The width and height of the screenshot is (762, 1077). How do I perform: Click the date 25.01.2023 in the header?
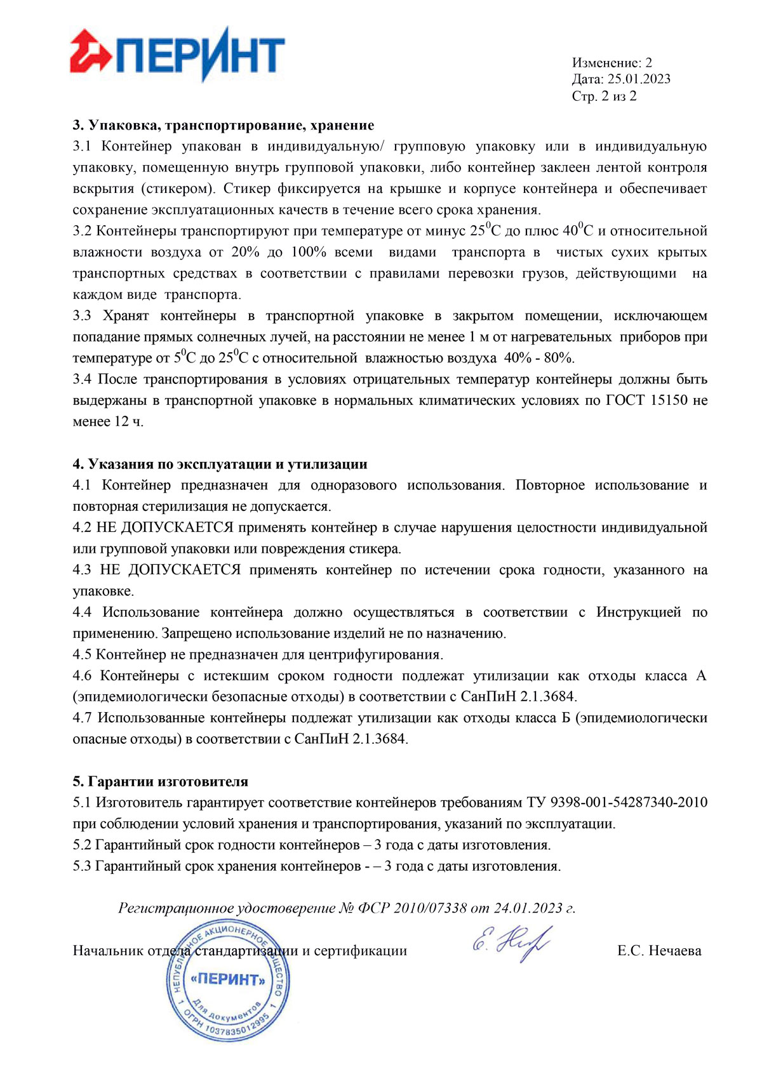639,79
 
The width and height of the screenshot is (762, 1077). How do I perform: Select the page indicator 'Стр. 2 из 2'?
604,96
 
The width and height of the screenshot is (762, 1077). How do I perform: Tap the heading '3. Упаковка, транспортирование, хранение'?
223,125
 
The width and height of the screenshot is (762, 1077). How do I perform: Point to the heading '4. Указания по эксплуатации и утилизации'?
220,464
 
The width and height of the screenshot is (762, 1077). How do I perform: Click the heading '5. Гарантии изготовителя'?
160,781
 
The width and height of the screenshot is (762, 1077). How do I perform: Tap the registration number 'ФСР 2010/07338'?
413,908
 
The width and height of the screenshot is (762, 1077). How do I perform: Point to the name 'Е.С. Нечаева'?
659,951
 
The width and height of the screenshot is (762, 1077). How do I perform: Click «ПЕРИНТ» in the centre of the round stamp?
228,979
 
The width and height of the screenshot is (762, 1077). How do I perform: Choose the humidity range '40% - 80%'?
539,358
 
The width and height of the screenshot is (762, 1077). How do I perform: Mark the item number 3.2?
83,231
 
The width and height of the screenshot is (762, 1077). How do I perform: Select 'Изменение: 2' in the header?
612,63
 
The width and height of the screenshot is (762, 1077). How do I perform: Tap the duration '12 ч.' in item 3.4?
129,421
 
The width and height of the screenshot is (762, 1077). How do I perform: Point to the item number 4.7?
83,718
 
